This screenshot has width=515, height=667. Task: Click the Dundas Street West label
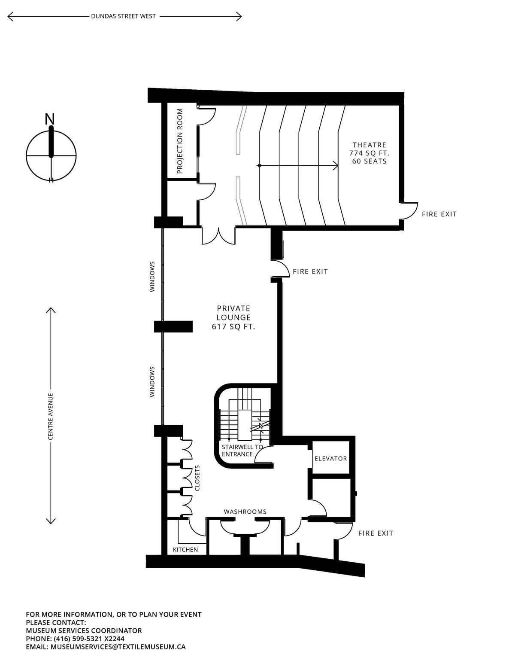(x=123, y=16)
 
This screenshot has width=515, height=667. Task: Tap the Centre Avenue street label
(x=51, y=416)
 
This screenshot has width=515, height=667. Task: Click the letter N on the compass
(x=50, y=119)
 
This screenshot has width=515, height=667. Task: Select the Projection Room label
(x=180, y=141)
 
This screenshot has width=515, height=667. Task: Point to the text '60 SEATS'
(x=370, y=161)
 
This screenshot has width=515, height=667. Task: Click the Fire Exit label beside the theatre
(x=439, y=214)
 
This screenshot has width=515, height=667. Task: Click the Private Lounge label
(x=234, y=313)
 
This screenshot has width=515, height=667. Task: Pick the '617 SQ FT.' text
(x=234, y=327)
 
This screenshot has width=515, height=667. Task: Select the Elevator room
(x=330, y=458)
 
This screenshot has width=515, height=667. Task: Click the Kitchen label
(x=185, y=549)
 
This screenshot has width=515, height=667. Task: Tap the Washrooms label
(x=245, y=512)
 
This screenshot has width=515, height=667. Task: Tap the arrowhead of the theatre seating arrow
(x=336, y=166)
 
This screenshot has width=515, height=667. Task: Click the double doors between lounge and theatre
(x=218, y=236)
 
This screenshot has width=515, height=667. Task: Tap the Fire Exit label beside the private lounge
(x=310, y=271)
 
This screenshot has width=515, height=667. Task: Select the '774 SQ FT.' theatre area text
(x=370, y=153)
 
